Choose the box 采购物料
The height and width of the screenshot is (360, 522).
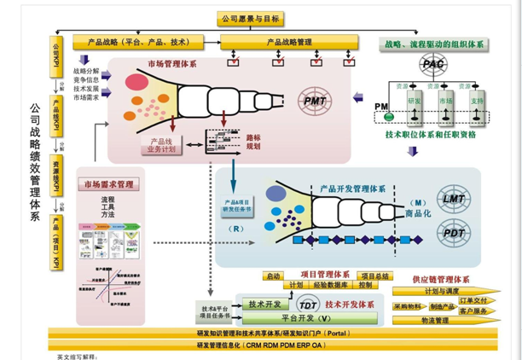[409, 306]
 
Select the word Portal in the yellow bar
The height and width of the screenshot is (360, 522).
[339, 333]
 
